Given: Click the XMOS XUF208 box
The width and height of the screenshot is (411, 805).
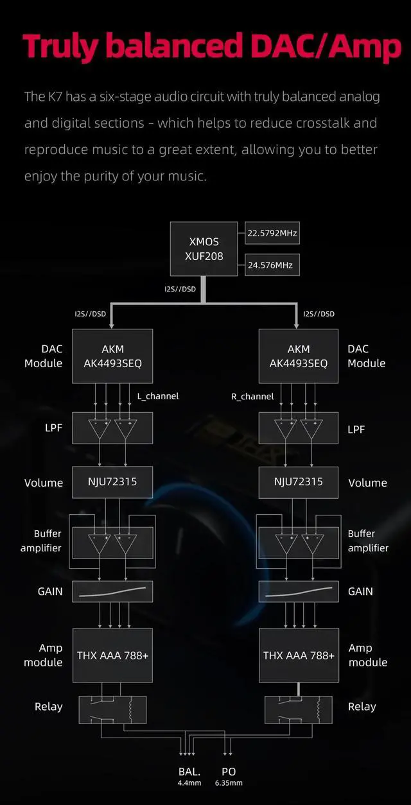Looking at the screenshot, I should click(204, 250).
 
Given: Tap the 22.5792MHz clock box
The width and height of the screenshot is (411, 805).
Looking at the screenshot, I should click(272, 233).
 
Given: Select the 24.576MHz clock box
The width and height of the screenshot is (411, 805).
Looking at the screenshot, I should click(272, 264).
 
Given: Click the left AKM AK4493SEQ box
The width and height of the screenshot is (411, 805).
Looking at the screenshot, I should click(112, 356).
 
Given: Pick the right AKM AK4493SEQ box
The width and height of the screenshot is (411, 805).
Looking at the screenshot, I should click(299, 356).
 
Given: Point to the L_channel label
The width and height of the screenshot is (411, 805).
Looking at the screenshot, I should click(158, 396).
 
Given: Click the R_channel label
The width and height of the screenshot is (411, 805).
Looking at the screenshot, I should click(252, 397).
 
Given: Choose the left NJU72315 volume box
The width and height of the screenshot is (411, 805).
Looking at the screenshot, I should click(112, 481).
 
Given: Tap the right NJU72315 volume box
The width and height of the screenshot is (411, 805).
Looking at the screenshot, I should click(299, 481).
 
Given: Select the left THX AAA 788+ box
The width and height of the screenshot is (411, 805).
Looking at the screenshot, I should click(112, 655).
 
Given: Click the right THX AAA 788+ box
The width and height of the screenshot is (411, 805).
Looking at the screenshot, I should click(299, 655).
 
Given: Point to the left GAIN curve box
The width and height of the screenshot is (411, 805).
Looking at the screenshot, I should click(112, 591).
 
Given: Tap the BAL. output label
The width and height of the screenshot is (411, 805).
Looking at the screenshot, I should click(189, 772).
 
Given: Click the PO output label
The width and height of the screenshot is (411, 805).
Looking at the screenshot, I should click(228, 772).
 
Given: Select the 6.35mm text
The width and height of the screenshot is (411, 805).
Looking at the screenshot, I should click(228, 783).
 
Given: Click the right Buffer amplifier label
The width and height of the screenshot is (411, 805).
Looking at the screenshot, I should click(368, 541).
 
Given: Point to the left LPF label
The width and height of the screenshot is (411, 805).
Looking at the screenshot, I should click(53, 427).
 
